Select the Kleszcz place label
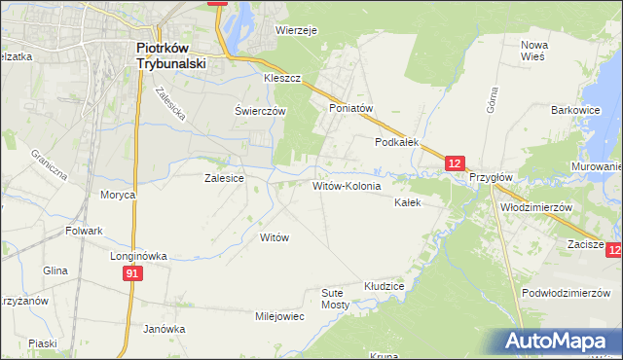[x=281, y=77]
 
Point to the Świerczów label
[x=260, y=111]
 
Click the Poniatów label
[x=351, y=109]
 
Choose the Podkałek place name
[x=397, y=142]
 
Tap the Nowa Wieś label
[x=535, y=52]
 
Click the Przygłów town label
[x=491, y=178]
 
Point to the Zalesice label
[x=223, y=178]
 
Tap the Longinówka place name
[x=140, y=256]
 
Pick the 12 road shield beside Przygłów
[x=457, y=163]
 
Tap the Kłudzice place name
[x=384, y=287]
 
